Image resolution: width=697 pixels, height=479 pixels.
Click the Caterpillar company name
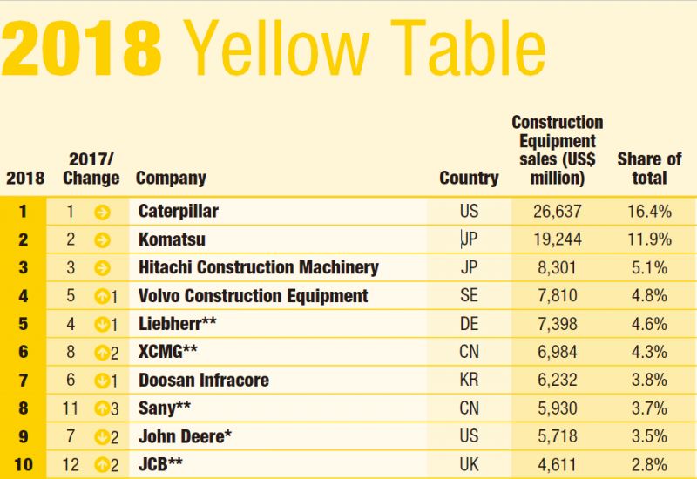pos(179,211)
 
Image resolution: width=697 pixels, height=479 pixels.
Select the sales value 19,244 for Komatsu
pos(558,239)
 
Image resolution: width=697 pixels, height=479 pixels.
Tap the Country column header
pos(469,179)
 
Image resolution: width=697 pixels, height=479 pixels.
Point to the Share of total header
pos(649,169)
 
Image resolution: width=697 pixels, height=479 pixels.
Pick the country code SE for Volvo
pos(469,296)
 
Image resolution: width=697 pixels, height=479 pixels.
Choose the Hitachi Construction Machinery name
pos(259,267)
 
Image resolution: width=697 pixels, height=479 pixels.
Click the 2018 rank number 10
pos(24,465)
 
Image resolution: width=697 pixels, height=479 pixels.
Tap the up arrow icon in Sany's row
pos(102,408)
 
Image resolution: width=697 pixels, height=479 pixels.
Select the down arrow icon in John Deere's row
pos(102,437)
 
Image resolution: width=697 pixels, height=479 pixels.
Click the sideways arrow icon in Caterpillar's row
pos(102,211)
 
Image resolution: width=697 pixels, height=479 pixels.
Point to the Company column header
pos(171,179)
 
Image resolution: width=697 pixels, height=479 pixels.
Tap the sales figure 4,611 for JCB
pos(558,465)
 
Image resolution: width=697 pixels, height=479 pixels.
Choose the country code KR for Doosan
pos(469,381)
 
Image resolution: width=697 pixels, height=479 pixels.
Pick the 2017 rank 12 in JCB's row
pos(71,465)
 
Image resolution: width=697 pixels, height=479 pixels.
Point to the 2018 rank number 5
pos(24,324)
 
